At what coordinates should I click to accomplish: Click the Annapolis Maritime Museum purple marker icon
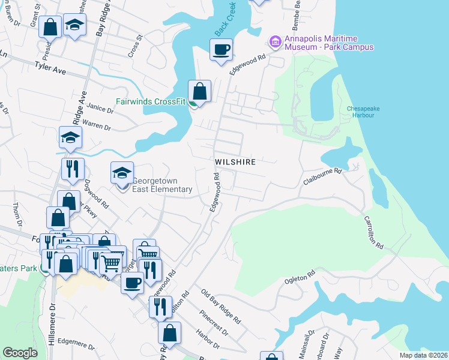coord(275,41)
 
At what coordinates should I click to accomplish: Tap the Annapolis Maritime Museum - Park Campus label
coord(329,43)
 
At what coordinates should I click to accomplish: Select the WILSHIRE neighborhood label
coord(236,162)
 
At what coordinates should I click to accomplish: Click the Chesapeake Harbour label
coord(367,112)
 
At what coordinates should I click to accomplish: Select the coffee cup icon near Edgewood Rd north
coord(221,49)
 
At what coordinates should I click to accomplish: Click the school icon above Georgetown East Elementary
coord(122,173)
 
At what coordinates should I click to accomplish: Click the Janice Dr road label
coord(100,109)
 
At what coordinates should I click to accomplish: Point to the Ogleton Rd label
coord(300,277)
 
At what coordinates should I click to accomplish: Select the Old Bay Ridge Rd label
coord(221,306)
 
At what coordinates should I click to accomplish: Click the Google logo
coord(20,353)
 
